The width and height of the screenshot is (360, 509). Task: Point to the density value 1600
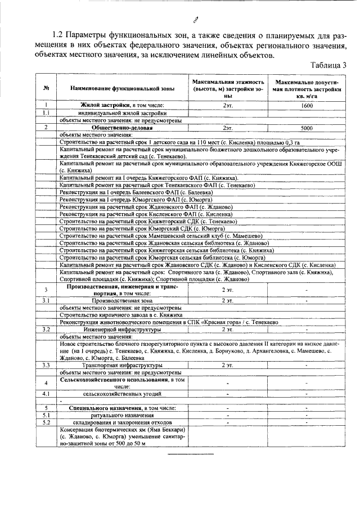coord(307,106)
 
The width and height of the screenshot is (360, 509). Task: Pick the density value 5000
coord(307,128)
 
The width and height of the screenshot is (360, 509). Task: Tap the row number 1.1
coord(46,113)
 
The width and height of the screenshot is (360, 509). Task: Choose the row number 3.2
coord(46,329)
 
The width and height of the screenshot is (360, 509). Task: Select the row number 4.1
coord(46,393)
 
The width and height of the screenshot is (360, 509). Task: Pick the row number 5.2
coord(46,422)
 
